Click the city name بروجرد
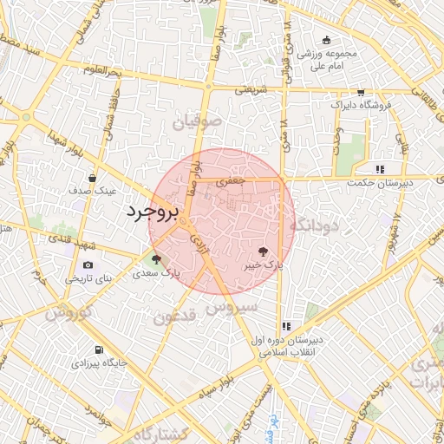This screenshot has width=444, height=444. point(152,211)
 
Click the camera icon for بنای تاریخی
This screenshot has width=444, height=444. point(88,264)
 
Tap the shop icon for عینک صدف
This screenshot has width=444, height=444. point(92,177)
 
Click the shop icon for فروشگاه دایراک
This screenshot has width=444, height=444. point(361,93)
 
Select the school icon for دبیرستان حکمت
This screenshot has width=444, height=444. point(379,169)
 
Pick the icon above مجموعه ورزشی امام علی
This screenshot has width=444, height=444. point(326,40)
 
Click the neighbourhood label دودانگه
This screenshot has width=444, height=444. point(318,225)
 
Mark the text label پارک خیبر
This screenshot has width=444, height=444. point(263,265)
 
